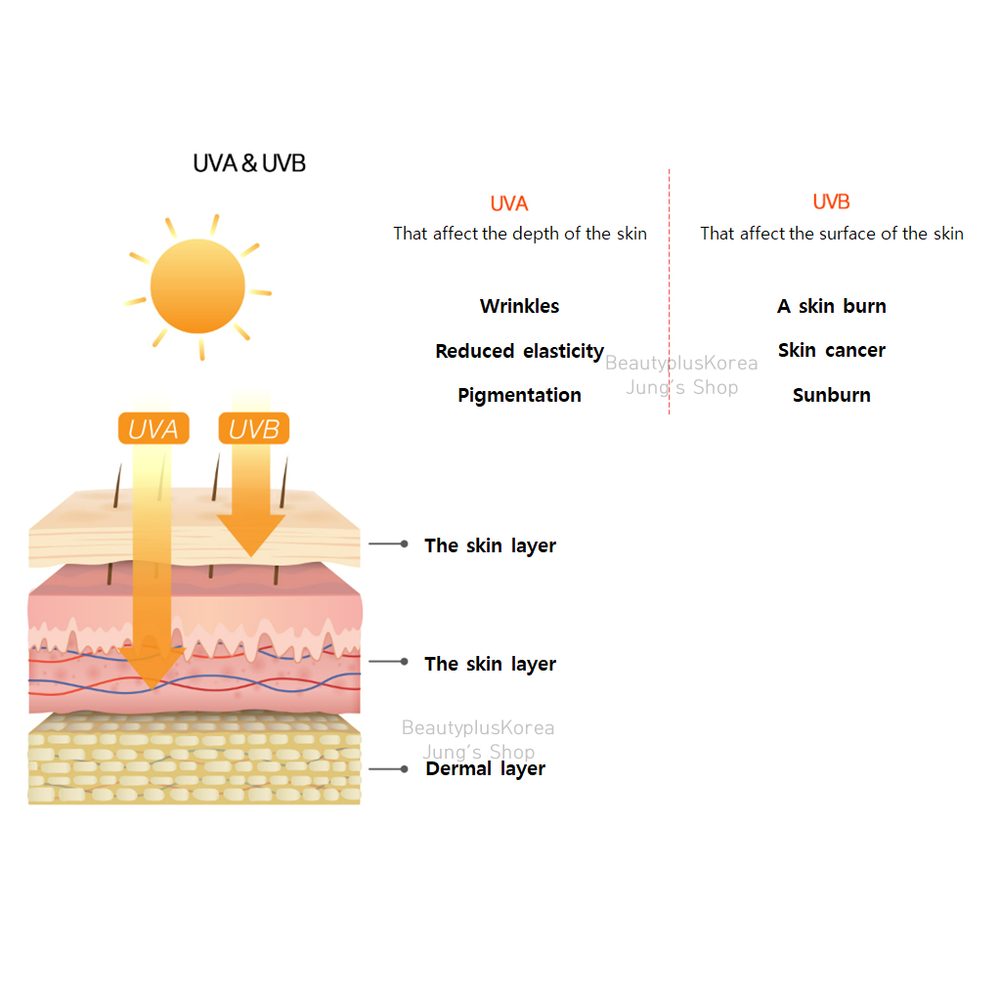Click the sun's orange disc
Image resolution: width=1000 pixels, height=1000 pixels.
(x=197, y=285)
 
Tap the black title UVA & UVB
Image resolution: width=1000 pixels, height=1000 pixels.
(x=249, y=163)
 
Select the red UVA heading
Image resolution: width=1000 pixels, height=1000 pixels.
(x=509, y=203)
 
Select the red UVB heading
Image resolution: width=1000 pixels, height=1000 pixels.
(x=831, y=202)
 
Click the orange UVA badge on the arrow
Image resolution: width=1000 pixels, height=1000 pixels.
(x=153, y=428)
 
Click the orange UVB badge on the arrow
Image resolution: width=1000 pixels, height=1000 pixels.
(x=253, y=428)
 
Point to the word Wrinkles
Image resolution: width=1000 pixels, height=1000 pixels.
(x=519, y=306)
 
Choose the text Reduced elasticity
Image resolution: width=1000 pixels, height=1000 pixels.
(x=519, y=351)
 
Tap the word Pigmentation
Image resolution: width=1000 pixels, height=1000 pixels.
(x=519, y=395)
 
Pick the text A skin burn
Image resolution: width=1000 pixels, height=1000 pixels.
(x=831, y=306)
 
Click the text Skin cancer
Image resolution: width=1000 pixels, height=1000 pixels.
(x=831, y=350)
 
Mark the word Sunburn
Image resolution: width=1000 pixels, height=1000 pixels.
(x=831, y=395)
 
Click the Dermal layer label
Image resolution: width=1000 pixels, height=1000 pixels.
(x=485, y=769)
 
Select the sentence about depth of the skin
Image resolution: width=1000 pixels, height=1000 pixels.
(x=519, y=234)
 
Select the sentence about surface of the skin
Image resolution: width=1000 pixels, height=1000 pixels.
(x=831, y=234)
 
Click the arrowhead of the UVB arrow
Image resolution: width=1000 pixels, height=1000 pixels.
(x=251, y=536)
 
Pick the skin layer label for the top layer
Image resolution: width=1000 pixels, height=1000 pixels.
(x=490, y=545)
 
